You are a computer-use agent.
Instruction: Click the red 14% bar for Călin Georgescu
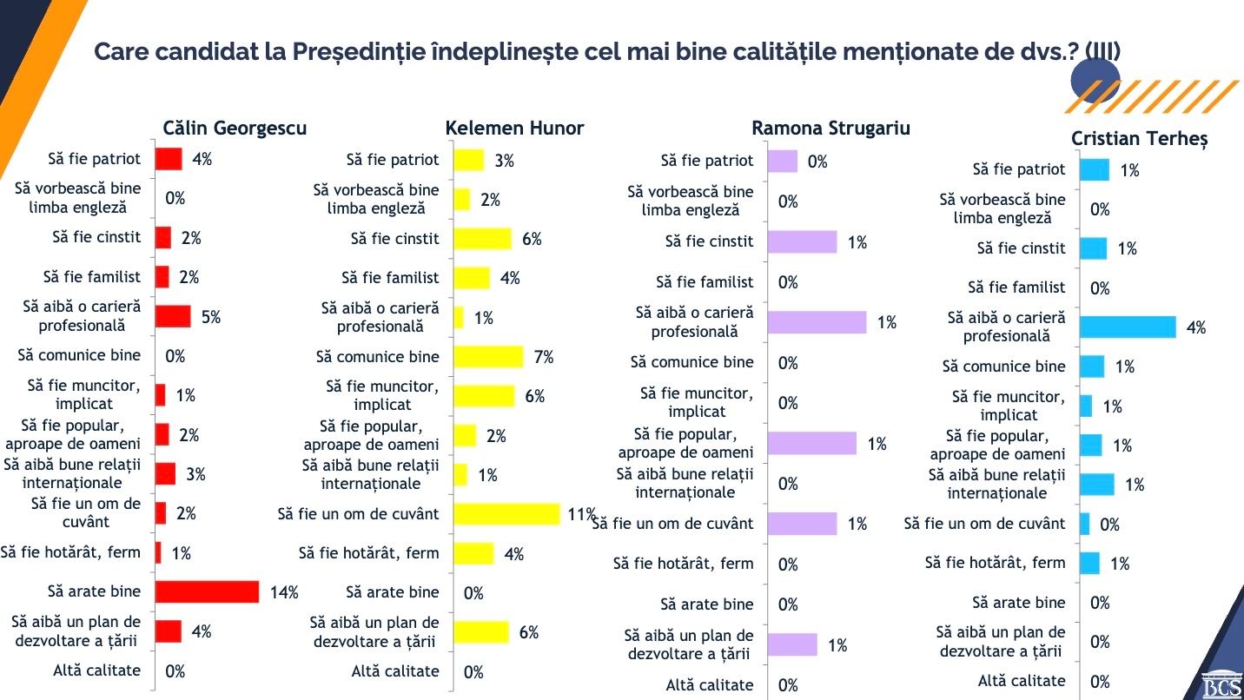(x=207, y=592)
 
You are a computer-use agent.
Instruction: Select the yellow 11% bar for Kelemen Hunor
(x=506, y=514)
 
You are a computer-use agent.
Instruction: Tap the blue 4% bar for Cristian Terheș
(x=1128, y=327)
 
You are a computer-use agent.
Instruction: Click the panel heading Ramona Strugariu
(x=830, y=129)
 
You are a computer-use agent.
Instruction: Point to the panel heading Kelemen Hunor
(x=514, y=129)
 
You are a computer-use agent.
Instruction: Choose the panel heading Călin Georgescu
(x=235, y=129)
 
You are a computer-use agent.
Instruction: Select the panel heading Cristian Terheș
(x=1139, y=139)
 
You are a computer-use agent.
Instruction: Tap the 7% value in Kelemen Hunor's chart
(x=544, y=357)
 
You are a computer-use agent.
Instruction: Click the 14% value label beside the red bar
(x=284, y=593)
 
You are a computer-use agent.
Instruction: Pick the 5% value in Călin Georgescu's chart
(x=211, y=317)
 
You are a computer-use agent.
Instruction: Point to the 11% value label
(x=581, y=514)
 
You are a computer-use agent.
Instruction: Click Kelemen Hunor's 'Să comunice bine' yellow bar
(x=488, y=357)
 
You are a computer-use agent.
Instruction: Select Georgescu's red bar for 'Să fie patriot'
(x=169, y=159)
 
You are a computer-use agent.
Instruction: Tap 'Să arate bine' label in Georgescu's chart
(x=94, y=592)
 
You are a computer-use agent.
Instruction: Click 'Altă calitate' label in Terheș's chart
(x=1022, y=681)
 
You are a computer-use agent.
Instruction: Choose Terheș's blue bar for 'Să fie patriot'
(x=1094, y=170)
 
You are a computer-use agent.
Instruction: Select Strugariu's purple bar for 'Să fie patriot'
(x=782, y=161)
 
